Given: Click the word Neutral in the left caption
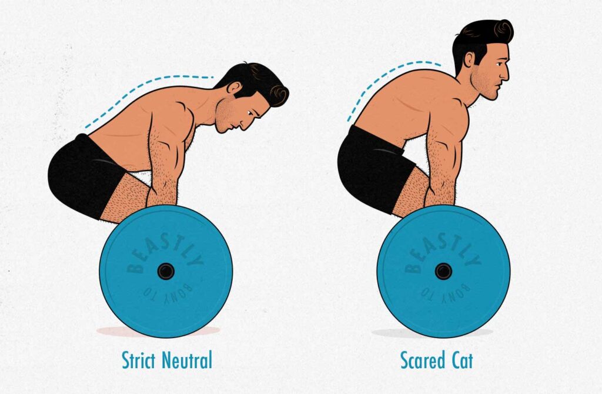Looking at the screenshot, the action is (x=187, y=360).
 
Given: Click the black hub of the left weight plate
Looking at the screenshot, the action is (x=166, y=272).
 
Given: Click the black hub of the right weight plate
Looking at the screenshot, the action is (x=443, y=272).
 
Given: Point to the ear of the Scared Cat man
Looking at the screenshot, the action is (x=469, y=60).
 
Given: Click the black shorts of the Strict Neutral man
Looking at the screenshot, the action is (x=86, y=176).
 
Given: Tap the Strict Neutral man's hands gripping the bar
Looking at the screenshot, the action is (x=163, y=195).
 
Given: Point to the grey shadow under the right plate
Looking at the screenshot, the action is (x=432, y=333).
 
